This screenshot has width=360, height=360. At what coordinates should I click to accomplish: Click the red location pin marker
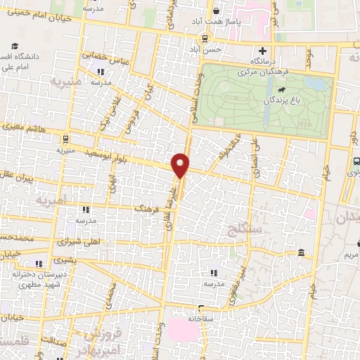pos(181,165)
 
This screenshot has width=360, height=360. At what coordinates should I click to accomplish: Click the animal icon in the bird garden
pos(282,89)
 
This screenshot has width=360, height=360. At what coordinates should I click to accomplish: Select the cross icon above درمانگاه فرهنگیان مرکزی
pos(263,51)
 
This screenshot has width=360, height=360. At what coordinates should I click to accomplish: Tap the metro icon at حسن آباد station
pos(204,39)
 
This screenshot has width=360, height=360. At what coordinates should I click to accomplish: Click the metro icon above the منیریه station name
pos(65,139)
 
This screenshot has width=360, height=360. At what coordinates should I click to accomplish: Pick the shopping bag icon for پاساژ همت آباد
pos(217,11)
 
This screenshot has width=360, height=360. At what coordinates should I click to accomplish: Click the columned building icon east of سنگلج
pos(301,252)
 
